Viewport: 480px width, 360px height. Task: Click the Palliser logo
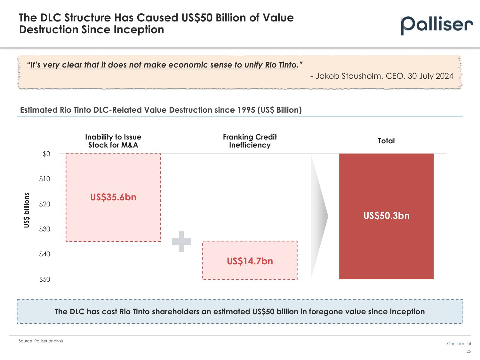[x=436, y=25]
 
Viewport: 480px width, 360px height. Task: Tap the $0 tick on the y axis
[x=46, y=154]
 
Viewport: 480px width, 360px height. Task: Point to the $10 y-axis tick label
[x=45, y=179]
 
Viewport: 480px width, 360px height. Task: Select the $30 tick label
[x=45, y=229]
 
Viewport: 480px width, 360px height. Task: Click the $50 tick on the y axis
[x=45, y=279]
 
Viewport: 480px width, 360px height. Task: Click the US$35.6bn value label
[x=113, y=197]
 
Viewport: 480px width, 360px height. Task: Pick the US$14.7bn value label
[x=250, y=261]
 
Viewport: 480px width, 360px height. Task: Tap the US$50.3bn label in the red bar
[x=386, y=216]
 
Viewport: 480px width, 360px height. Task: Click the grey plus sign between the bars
[x=181, y=242]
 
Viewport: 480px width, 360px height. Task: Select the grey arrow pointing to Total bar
[x=319, y=217]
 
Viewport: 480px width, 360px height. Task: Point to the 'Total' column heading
[x=386, y=141]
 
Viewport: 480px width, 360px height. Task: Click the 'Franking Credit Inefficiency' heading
[x=250, y=141]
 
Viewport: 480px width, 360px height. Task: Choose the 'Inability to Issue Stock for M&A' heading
[x=113, y=141]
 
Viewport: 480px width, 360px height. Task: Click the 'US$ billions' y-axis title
[x=27, y=210]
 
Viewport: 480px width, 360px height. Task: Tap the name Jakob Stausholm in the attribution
[x=349, y=76]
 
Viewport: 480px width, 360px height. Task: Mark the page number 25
[x=468, y=351]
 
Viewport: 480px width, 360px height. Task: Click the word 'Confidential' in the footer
[x=459, y=344]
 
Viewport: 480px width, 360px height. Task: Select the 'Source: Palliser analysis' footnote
[x=41, y=341]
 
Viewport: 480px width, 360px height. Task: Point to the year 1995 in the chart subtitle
[x=246, y=110]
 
